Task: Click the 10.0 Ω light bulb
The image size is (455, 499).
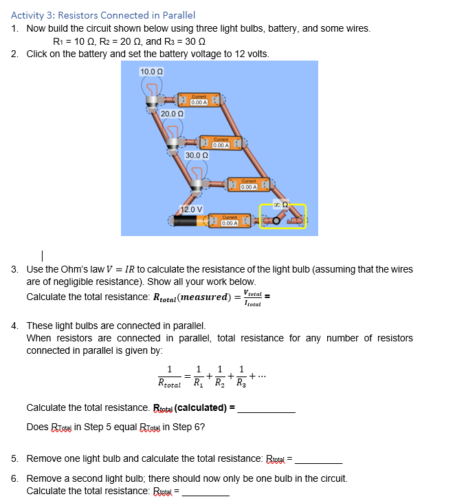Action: (x=152, y=92)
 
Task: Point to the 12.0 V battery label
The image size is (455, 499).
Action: (x=191, y=209)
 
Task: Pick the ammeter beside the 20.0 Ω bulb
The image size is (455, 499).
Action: (x=221, y=144)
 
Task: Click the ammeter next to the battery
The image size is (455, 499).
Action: (x=230, y=222)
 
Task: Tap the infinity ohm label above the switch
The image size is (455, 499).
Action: (x=280, y=204)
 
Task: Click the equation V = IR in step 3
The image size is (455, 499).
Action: (x=123, y=268)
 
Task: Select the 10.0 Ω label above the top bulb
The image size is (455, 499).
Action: (x=151, y=72)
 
